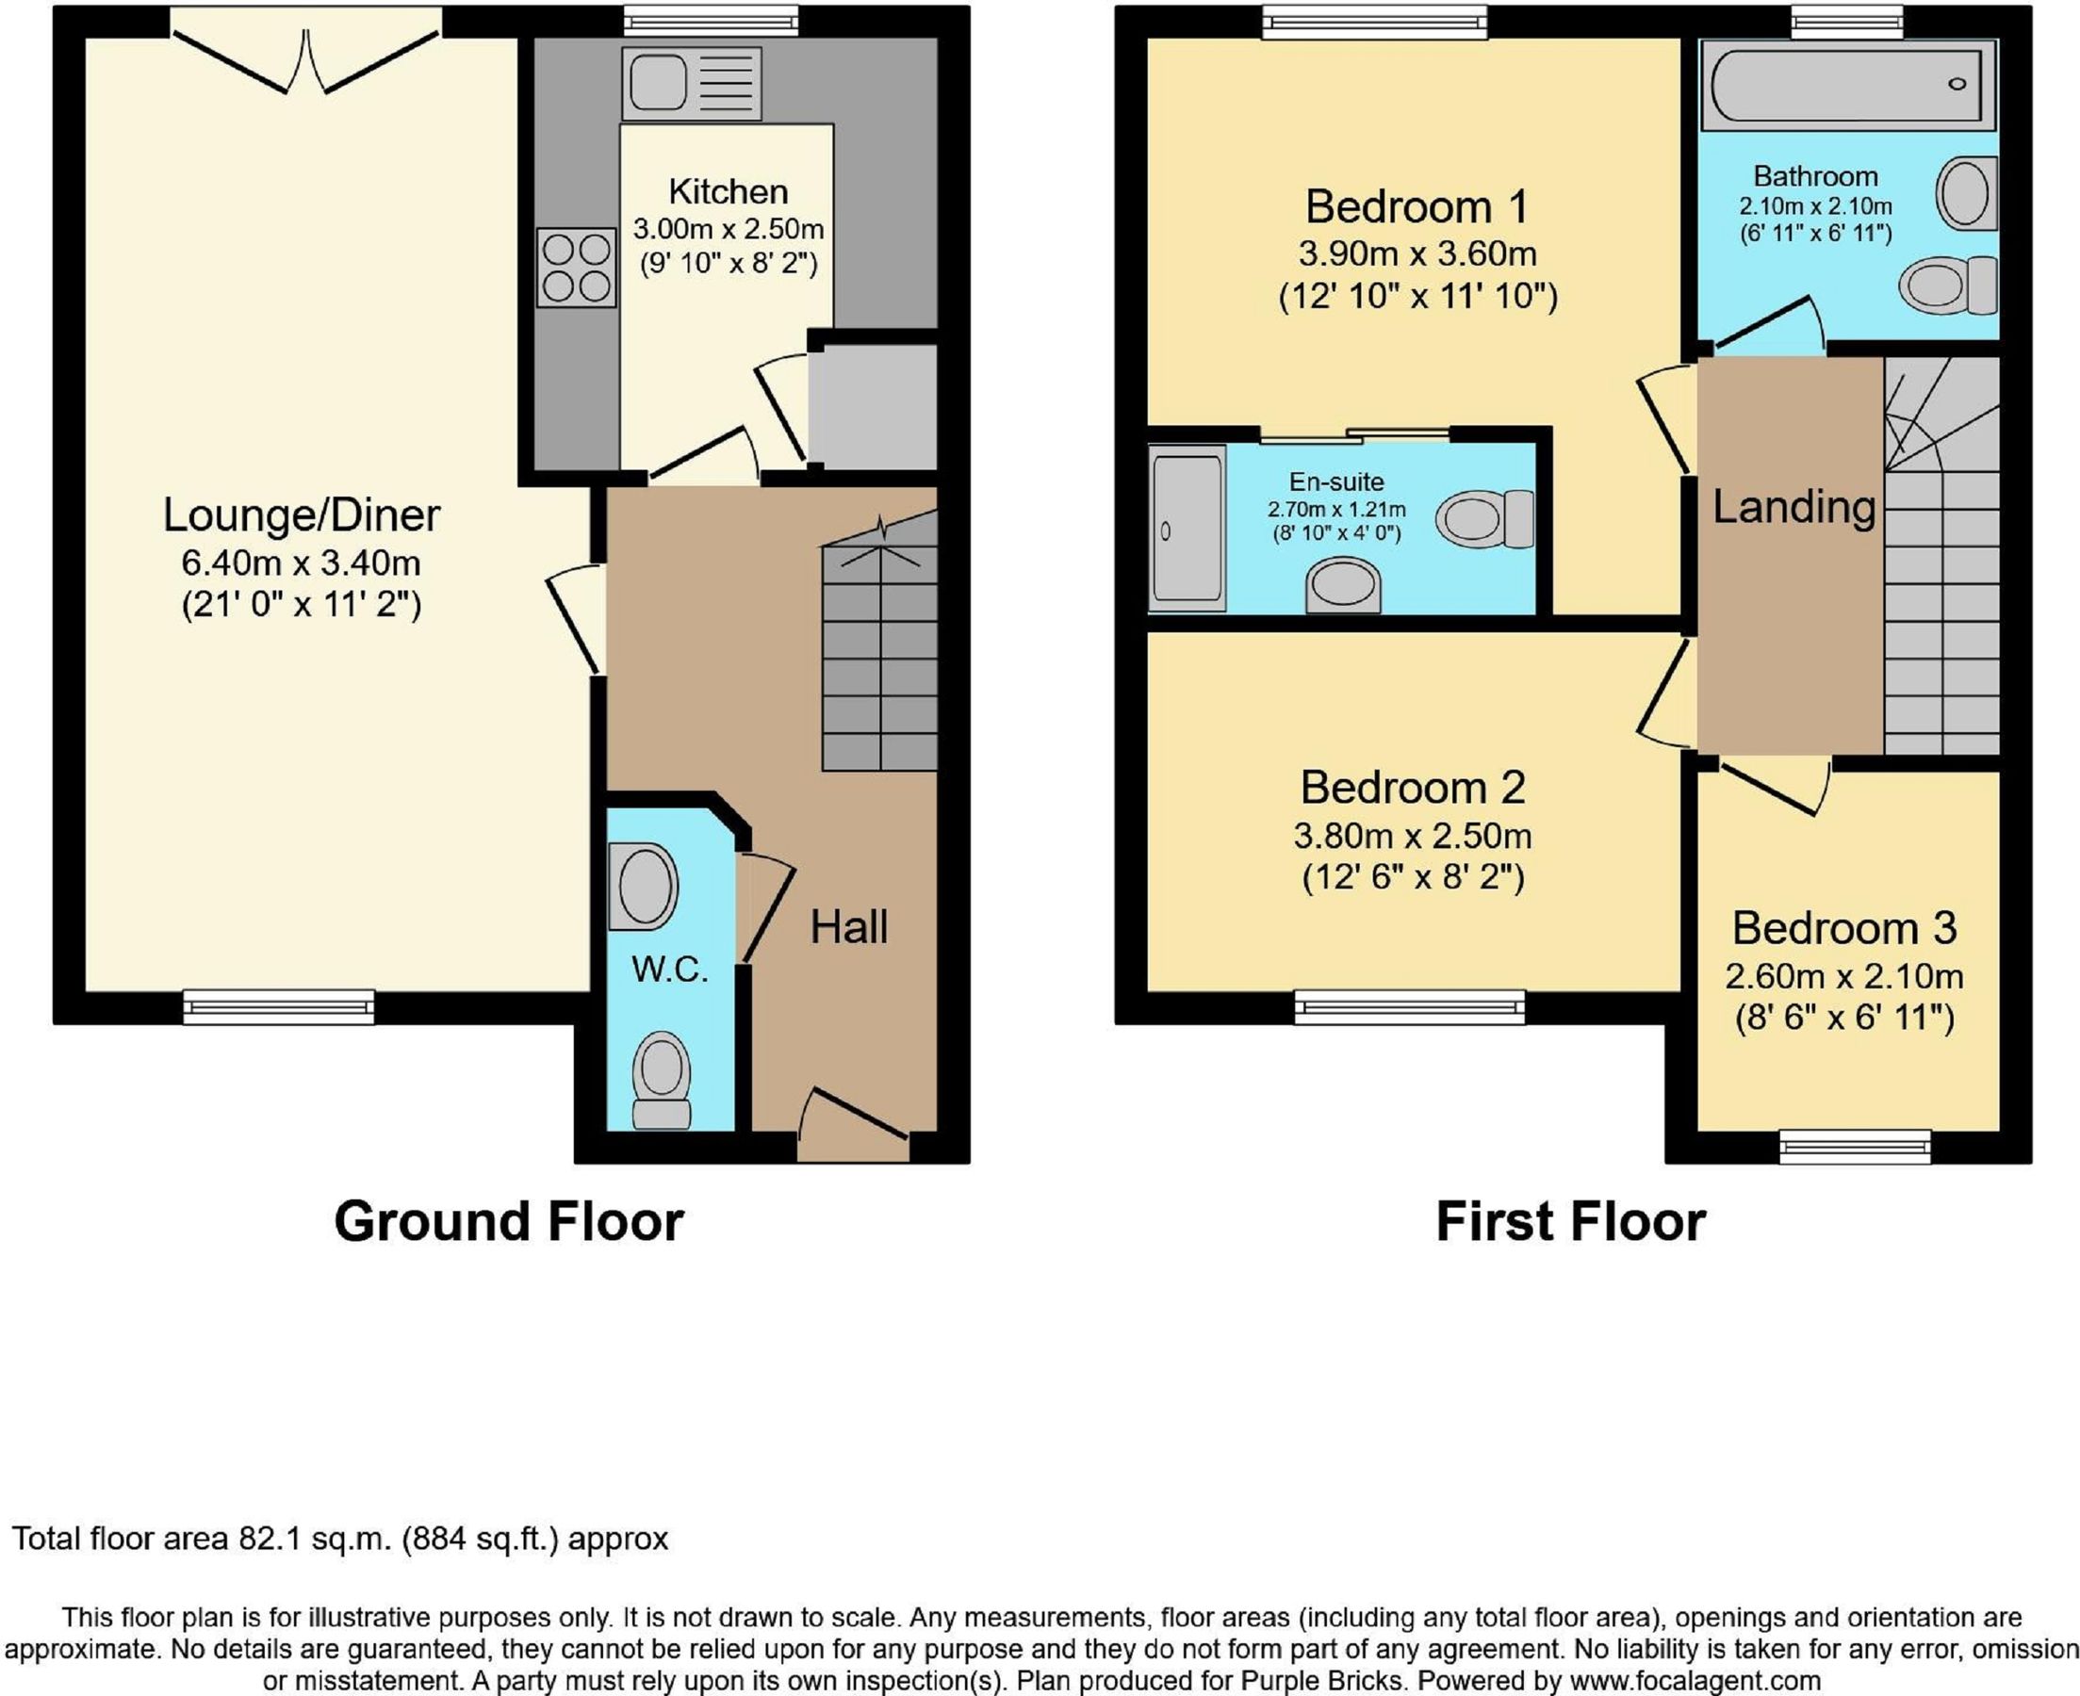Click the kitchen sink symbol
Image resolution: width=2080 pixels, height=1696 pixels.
tap(691, 84)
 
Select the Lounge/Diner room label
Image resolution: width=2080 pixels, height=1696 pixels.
tap(301, 514)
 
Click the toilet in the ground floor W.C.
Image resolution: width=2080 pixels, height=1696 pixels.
tap(662, 1080)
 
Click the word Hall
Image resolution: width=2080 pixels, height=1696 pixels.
tap(848, 926)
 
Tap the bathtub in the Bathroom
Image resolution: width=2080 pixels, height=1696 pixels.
tap(1848, 85)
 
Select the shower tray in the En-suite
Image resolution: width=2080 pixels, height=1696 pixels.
tap(1187, 529)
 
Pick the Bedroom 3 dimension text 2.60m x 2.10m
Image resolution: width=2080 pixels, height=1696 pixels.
tap(1843, 975)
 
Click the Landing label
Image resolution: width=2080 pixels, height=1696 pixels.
tap(1793, 506)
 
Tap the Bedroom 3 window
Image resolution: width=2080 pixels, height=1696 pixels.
tap(1855, 1146)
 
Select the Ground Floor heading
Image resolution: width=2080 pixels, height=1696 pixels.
tap(508, 1221)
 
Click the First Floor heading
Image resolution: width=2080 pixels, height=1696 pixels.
tap(1570, 1221)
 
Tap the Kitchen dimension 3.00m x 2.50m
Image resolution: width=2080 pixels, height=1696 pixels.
tap(728, 229)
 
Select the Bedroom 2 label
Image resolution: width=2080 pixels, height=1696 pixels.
tap(1412, 787)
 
